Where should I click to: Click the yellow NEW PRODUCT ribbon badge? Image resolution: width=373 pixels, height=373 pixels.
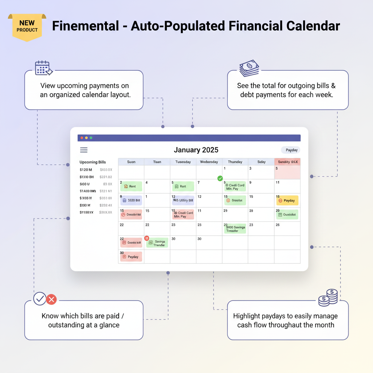point(27,27)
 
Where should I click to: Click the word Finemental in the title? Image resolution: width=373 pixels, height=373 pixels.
point(85,26)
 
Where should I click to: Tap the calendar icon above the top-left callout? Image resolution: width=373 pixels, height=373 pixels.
point(43,68)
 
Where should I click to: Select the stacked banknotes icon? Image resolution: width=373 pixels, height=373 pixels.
point(250,68)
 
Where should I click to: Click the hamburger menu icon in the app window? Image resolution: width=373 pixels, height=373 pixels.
point(84,150)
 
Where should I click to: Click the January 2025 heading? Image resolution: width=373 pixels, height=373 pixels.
point(196,150)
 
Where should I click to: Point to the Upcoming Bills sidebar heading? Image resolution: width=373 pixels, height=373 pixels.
point(93,162)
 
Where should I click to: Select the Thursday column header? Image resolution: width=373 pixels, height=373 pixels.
point(235,162)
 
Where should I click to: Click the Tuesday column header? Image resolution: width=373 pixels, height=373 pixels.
point(183,162)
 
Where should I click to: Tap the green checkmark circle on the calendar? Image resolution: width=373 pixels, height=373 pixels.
point(220,178)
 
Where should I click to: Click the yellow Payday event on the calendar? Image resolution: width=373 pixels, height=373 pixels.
point(287,200)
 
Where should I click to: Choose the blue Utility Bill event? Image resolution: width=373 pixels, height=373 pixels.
point(183,200)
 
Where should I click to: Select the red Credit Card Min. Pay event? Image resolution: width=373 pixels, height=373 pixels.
point(183,215)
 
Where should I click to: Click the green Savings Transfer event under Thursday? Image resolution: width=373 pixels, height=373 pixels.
point(235,229)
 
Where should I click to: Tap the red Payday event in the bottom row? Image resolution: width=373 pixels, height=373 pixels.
point(131,257)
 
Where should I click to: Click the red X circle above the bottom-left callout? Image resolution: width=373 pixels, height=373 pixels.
point(51,299)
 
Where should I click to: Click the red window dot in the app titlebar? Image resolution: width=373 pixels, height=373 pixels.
point(81,138)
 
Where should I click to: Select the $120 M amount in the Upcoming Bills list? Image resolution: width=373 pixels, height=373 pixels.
point(86,170)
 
